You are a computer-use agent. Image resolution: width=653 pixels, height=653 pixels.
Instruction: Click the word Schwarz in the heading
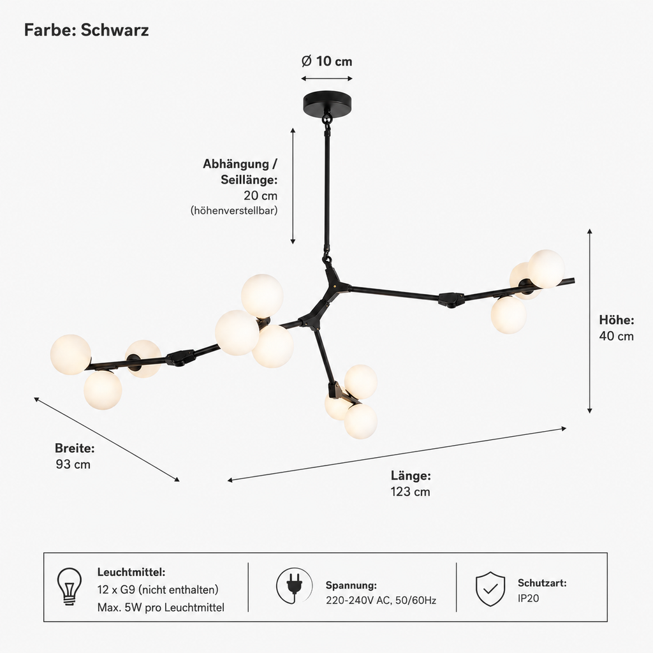tap(115, 31)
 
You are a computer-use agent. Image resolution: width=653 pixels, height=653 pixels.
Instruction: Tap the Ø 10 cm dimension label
tap(327, 61)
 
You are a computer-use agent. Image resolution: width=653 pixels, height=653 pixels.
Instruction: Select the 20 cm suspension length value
tap(260, 195)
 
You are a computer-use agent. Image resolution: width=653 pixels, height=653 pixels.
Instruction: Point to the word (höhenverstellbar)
tap(234, 210)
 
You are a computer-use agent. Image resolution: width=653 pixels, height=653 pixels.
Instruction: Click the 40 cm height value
tap(617, 336)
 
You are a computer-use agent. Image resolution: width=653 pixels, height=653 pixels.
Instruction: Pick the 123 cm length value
tap(410, 492)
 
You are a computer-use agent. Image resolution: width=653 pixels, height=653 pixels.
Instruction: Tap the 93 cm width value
tap(73, 464)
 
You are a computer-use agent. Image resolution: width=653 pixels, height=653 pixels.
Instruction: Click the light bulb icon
tap(70, 587)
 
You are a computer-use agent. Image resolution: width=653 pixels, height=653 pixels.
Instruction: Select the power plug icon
tap(295, 585)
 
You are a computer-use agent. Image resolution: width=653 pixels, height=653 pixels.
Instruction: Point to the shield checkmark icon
tap(490, 589)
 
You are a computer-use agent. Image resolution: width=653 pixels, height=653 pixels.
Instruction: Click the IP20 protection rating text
tap(529, 598)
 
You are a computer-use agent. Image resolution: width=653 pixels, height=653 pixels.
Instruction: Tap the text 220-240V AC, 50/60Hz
tap(381, 601)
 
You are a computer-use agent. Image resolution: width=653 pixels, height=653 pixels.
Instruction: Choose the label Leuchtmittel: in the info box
tap(131, 572)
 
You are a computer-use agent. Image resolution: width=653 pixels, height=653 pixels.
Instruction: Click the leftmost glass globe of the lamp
tap(70, 355)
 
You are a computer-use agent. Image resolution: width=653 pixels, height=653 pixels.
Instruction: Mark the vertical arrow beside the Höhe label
tap(589, 321)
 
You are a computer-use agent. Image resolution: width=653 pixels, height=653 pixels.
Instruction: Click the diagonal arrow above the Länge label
tap(397, 454)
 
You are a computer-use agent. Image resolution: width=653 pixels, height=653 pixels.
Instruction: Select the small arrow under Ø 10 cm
tap(327, 78)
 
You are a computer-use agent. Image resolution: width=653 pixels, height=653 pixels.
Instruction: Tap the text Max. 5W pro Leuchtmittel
tap(161, 608)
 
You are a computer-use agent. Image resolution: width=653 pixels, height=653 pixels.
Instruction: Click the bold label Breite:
tap(75, 448)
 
